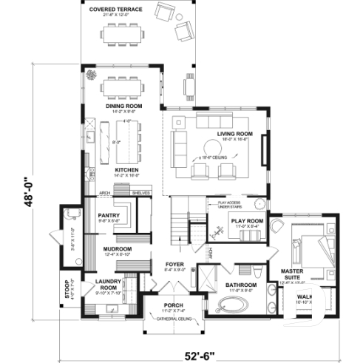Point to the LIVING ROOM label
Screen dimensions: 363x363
tap(235, 134)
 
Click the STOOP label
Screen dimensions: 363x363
tap(67, 288)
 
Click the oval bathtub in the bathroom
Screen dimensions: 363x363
tap(234, 305)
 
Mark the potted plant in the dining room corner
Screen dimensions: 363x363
tap(92, 75)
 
